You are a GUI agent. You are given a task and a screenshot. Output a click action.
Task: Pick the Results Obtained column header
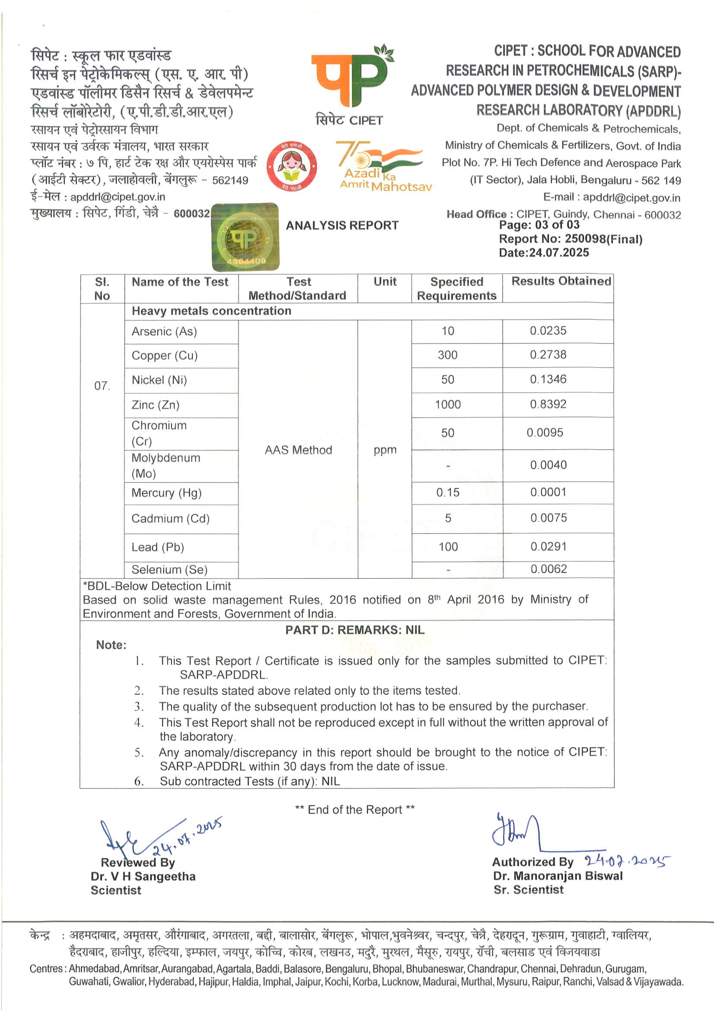click(561, 281)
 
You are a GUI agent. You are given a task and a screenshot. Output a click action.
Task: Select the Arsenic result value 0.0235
click(548, 331)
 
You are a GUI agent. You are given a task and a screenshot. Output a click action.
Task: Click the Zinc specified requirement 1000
click(448, 404)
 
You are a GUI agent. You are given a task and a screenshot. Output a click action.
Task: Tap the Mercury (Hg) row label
click(166, 493)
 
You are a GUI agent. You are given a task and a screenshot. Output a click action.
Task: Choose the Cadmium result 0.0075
click(548, 518)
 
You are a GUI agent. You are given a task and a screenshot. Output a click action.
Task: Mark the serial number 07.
click(102, 386)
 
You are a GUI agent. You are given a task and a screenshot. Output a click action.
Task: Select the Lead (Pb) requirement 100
click(448, 547)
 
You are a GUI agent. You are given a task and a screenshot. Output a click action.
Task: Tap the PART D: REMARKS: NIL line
click(354, 630)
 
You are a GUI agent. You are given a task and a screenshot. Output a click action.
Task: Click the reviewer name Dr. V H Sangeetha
click(143, 876)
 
